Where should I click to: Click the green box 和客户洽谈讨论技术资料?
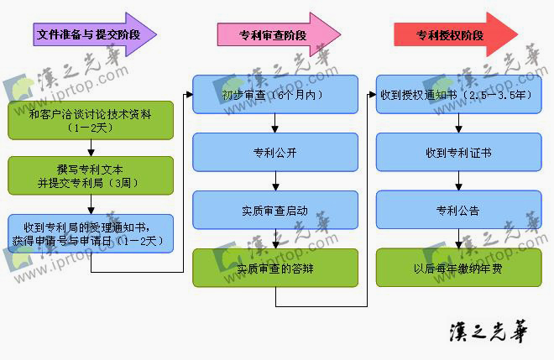click(91, 119)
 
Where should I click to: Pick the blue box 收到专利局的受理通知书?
click(91, 233)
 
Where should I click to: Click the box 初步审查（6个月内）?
click(275, 95)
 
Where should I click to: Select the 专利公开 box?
click(275, 153)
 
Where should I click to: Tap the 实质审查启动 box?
click(275, 210)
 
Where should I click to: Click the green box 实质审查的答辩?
click(275, 268)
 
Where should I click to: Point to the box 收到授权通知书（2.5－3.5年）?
click(457, 95)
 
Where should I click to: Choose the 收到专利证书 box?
click(457, 153)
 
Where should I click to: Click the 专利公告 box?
click(457, 210)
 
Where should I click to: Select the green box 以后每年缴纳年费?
click(457, 268)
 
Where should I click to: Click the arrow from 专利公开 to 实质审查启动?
click(275, 181)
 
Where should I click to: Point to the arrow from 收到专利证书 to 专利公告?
click(457, 181)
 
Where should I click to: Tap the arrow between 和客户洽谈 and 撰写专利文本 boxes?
click(91, 147)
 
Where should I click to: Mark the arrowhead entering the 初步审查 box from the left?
click(189, 95)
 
